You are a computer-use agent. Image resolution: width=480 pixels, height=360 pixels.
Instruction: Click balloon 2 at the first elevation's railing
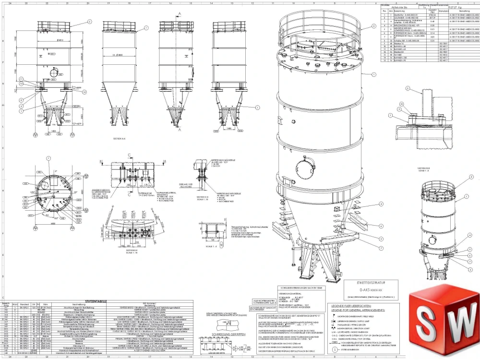point(89,22)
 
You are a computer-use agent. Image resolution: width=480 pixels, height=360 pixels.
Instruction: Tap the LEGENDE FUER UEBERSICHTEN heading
point(356,305)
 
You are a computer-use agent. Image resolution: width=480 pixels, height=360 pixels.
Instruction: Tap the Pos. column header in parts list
point(384,10)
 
